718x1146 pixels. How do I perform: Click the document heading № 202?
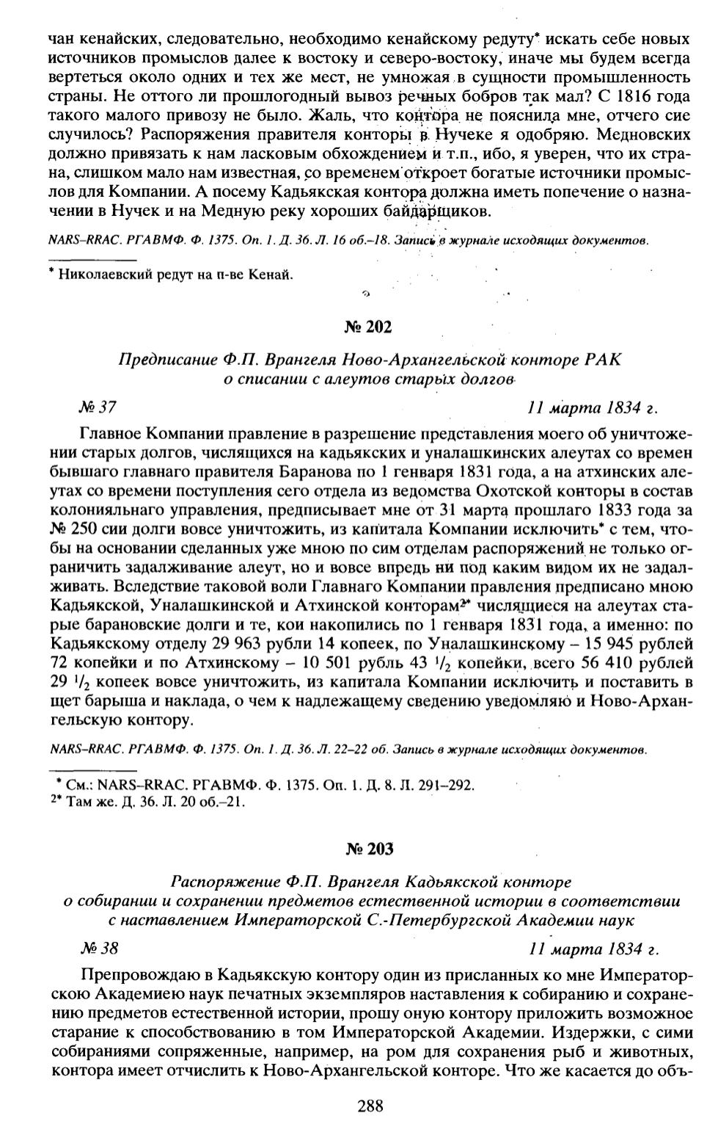pos(369,327)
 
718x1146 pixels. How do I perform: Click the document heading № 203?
pos(369,849)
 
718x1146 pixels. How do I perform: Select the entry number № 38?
pos(98,949)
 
